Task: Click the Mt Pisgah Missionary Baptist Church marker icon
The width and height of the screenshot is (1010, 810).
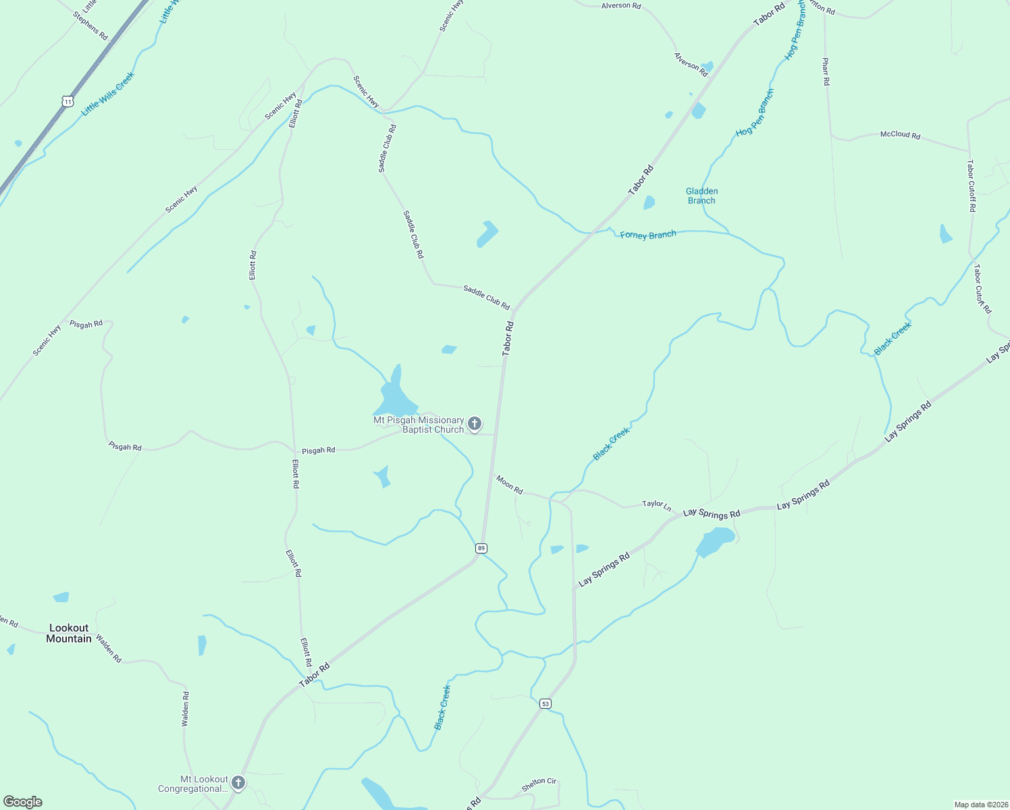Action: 475,424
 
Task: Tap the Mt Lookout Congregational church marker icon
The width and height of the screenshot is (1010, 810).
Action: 238,783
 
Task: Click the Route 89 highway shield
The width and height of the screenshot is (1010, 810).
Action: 481,548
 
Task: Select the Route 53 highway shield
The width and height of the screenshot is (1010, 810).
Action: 546,703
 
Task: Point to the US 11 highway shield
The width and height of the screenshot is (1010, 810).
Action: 67,101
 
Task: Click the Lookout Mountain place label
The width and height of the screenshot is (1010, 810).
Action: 69,633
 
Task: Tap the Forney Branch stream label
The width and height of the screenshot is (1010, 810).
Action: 647,235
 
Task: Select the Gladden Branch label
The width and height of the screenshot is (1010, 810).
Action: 701,196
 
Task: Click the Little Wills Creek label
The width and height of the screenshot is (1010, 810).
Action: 108,94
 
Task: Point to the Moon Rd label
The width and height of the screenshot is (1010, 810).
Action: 509,485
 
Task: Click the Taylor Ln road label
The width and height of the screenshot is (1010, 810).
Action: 656,504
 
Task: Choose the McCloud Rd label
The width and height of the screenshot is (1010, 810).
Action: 900,135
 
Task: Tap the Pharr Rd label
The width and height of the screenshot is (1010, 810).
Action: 826,72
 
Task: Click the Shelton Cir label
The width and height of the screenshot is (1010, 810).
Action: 539,784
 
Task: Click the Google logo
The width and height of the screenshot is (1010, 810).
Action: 23,802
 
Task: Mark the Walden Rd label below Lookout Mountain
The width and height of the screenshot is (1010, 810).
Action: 108,648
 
